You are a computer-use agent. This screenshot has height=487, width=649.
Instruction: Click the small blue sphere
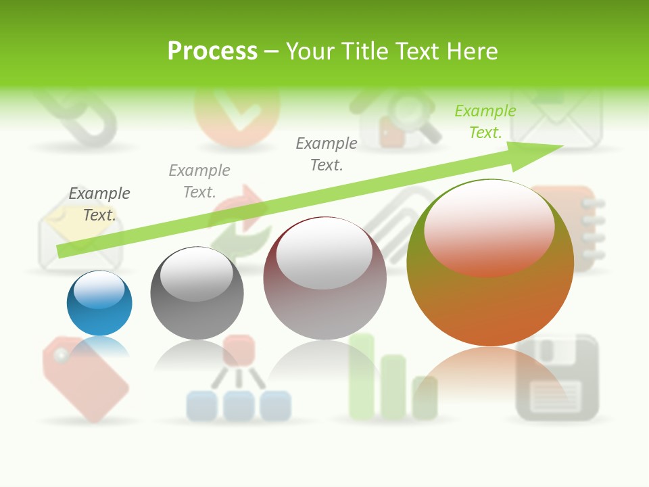(x=99, y=303)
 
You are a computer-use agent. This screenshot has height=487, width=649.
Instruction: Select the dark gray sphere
(x=197, y=293)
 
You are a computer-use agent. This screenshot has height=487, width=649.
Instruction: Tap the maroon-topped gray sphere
(x=324, y=278)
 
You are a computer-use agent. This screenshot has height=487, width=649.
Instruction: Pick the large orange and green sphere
(x=490, y=284)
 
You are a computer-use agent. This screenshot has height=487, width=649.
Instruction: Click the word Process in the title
(x=212, y=51)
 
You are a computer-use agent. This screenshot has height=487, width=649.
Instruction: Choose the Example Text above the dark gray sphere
(x=199, y=181)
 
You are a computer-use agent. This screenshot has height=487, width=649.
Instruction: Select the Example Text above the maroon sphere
(x=327, y=154)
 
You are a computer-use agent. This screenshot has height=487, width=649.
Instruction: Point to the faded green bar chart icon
(x=392, y=379)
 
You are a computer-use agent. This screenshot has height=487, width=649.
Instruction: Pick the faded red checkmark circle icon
(x=237, y=115)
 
